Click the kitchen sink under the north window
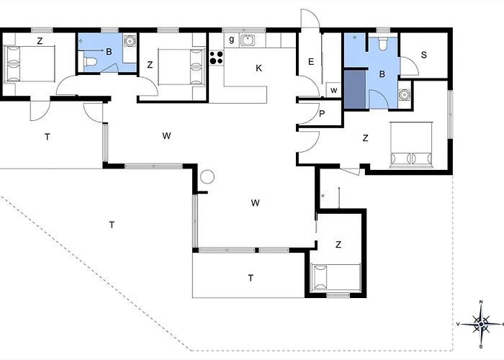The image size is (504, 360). (248, 40)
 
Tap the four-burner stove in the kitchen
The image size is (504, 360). (216, 58)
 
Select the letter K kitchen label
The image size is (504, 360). (258, 68)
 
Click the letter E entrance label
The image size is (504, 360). (311, 61)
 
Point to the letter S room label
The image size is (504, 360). (423, 55)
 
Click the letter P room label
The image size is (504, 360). (322, 114)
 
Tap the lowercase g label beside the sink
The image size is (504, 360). (231, 40)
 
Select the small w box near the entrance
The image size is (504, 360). (333, 90)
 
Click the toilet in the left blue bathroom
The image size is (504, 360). (90, 61)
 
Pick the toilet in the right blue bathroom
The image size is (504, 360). (382, 44)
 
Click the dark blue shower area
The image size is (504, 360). (355, 90)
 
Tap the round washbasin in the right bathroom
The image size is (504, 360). (404, 94)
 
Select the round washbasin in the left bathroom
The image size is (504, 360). (130, 40)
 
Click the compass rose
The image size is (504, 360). (481, 324)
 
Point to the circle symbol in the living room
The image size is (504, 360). (207, 176)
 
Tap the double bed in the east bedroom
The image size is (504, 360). (411, 145)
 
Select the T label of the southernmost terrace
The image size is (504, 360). (251, 278)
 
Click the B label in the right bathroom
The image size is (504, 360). (382, 74)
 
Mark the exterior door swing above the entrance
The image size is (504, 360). (310, 19)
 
